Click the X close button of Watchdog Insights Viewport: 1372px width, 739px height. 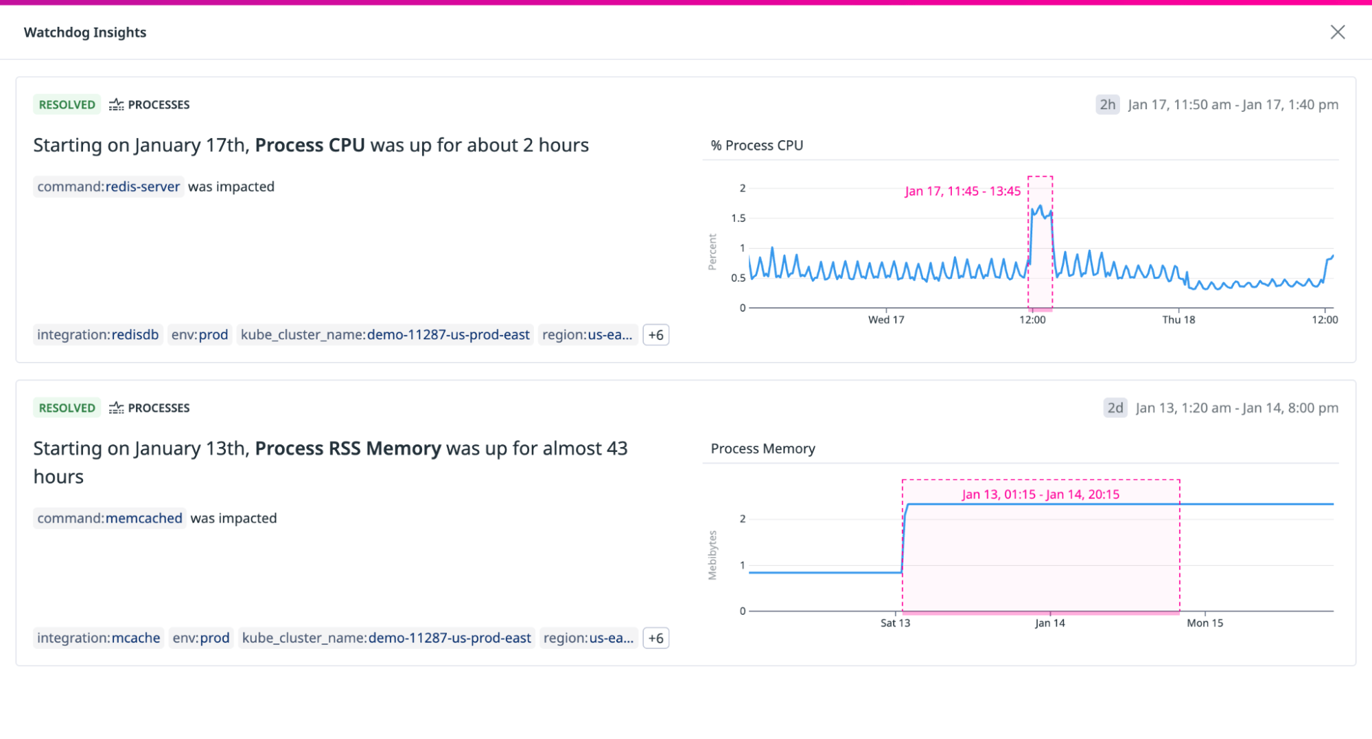(1337, 32)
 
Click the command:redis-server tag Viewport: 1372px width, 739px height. (108, 187)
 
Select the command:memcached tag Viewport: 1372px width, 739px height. (110, 519)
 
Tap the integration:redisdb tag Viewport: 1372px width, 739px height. (97, 335)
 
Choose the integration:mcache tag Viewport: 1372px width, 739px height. (98, 638)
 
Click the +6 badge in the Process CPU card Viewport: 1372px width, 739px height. (655, 335)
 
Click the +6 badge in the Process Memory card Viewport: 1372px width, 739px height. (655, 638)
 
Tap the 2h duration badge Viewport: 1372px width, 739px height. (1107, 104)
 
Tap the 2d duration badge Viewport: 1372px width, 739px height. (1115, 408)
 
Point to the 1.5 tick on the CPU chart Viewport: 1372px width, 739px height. (738, 218)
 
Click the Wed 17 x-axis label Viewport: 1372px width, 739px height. (885, 320)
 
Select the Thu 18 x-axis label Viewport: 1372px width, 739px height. (1178, 320)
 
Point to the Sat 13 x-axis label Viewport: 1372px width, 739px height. (894, 624)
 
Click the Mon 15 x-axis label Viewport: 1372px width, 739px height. (1205, 624)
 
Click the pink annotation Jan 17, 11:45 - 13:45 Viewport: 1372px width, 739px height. (962, 192)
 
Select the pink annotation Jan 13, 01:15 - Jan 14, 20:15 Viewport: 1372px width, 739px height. (1040, 494)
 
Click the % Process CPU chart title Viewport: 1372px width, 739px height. (756, 146)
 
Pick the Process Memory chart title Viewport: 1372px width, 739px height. (763, 449)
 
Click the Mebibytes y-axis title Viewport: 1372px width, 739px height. (712, 555)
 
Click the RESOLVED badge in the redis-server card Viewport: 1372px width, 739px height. (67, 104)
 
